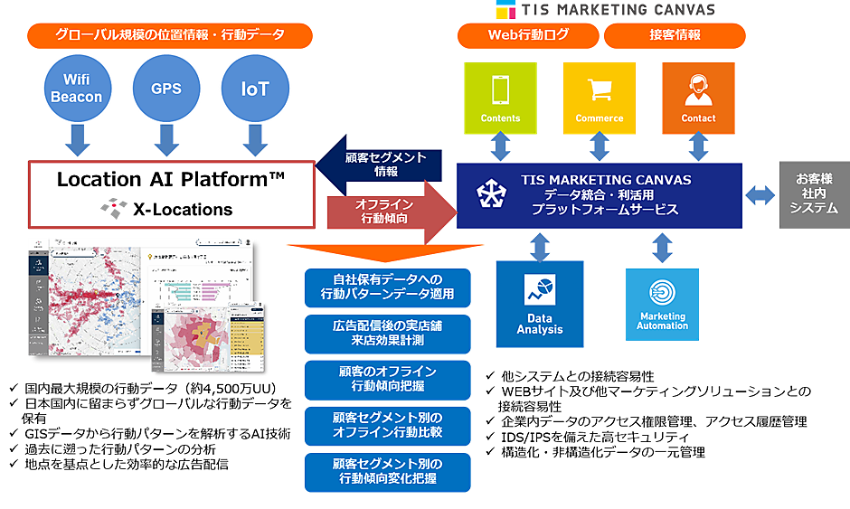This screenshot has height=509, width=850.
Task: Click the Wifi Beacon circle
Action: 77,89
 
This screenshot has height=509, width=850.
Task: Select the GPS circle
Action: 166,89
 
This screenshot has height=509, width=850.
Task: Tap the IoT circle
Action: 254,89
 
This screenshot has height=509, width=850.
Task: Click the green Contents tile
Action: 500,98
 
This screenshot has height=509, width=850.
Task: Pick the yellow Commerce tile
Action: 600,98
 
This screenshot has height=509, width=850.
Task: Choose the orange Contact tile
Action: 698,98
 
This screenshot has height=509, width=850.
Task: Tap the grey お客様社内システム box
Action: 816,195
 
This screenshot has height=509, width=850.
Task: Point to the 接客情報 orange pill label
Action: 675,35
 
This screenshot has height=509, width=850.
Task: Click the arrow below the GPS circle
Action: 166,140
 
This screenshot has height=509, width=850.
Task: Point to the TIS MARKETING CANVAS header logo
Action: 606,10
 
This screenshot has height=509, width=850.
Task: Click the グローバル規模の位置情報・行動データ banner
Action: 170,35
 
